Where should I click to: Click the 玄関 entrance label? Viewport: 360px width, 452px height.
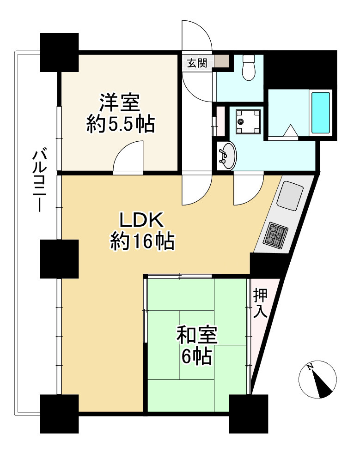197,62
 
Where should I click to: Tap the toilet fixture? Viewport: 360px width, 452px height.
248,68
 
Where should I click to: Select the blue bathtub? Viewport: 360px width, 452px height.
320,113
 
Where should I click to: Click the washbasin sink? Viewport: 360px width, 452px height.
228,156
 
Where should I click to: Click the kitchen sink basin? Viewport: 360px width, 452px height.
290,196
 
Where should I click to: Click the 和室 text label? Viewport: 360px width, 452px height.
197,335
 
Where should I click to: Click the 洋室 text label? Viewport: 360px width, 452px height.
120,102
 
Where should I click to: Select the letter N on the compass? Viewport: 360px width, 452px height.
310,367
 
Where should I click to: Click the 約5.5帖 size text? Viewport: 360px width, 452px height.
121,124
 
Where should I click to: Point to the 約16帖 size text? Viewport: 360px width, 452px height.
142,241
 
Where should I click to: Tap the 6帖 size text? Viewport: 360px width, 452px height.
196,356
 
